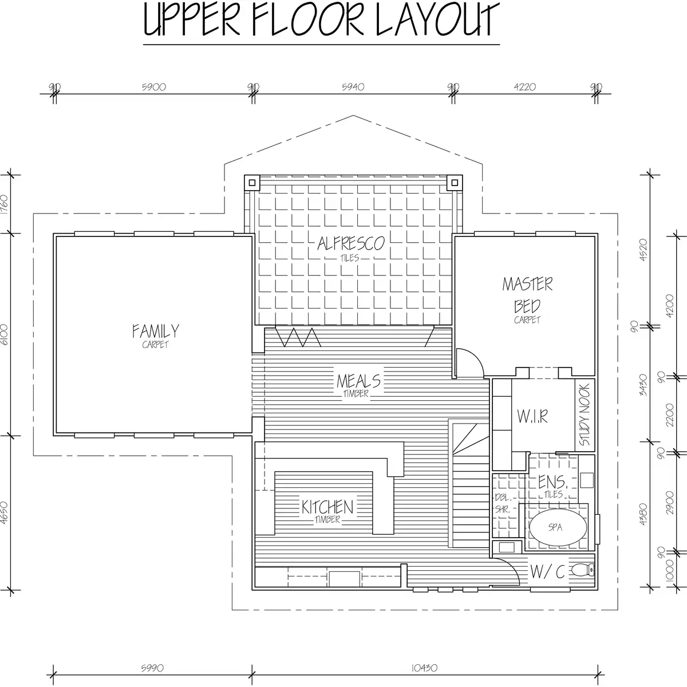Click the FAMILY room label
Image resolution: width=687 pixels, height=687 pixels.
(x=156, y=331)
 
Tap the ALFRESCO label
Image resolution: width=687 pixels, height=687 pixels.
(x=351, y=243)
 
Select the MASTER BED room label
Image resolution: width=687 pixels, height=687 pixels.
(x=527, y=295)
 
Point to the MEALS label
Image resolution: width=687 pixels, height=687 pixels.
(x=358, y=381)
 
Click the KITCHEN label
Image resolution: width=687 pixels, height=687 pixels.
(x=327, y=507)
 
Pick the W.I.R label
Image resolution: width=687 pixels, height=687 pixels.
(x=532, y=416)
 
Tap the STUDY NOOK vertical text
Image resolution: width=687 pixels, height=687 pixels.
(x=585, y=414)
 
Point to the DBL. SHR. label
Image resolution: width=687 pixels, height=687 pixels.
(x=503, y=503)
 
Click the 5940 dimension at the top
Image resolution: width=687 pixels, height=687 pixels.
(x=353, y=87)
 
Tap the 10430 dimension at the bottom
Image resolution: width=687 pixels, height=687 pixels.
(x=424, y=668)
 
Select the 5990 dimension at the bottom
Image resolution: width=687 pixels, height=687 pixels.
(x=152, y=668)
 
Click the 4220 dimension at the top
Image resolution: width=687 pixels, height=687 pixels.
(x=525, y=87)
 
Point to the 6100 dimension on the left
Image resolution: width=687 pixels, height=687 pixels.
(x=4, y=334)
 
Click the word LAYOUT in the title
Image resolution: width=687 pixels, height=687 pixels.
(x=438, y=19)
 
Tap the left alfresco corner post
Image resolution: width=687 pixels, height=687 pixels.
(x=252, y=183)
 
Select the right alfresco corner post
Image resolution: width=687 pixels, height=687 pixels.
(x=455, y=183)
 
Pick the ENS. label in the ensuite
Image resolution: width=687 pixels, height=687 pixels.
(x=552, y=482)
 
